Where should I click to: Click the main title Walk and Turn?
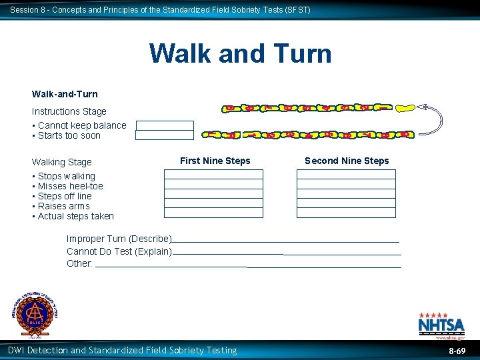[x=240, y=53]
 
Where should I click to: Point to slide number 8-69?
[x=457, y=350]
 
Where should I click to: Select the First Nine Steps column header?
[x=215, y=161]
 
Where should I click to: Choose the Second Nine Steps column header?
[x=347, y=161]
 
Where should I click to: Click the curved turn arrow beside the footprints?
[x=432, y=120]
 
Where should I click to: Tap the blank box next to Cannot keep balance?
[x=165, y=125]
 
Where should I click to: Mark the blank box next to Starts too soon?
[x=165, y=135]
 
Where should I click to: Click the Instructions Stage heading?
[x=69, y=111]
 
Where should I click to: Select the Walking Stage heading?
[x=62, y=162]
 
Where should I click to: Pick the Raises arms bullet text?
[x=63, y=206]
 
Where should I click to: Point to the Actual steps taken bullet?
[x=75, y=216]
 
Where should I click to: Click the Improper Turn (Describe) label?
[x=119, y=239]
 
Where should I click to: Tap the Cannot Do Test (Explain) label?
[x=119, y=251]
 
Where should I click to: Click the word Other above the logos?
[x=79, y=263]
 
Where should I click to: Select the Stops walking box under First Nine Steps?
[x=213, y=175]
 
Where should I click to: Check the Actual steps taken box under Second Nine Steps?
[x=346, y=213]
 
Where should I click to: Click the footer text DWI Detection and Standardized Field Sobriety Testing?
[x=122, y=350]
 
